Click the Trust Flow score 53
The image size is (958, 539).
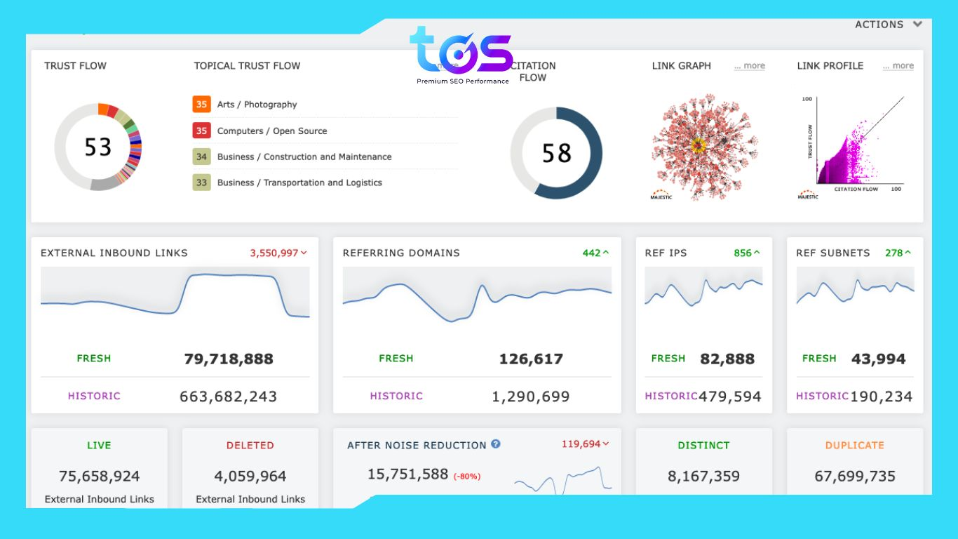click(x=97, y=147)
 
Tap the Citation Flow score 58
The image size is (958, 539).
click(x=556, y=153)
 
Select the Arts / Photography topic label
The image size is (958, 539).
click(x=257, y=105)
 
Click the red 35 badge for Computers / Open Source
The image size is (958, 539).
click(x=201, y=131)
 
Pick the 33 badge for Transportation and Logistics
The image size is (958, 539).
click(x=201, y=182)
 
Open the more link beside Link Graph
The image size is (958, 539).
click(x=749, y=66)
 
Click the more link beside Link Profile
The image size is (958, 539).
click(x=898, y=66)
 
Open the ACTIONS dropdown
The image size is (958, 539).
click(x=888, y=25)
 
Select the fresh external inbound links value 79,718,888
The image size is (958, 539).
click(x=228, y=359)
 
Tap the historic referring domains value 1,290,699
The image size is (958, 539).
click(x=530, y=397)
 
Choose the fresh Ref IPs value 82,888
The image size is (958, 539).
click(x=727, y=359)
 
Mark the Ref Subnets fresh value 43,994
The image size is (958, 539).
click(x=878, y=359)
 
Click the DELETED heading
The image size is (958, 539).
click(x=250, y=445)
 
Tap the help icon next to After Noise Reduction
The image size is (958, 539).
click(x=496, y=444)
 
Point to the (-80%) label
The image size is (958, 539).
click(x=466, y=477)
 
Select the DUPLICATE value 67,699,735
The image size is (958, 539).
click(x=854, y=477)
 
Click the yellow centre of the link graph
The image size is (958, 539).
click(x=698, y=146)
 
